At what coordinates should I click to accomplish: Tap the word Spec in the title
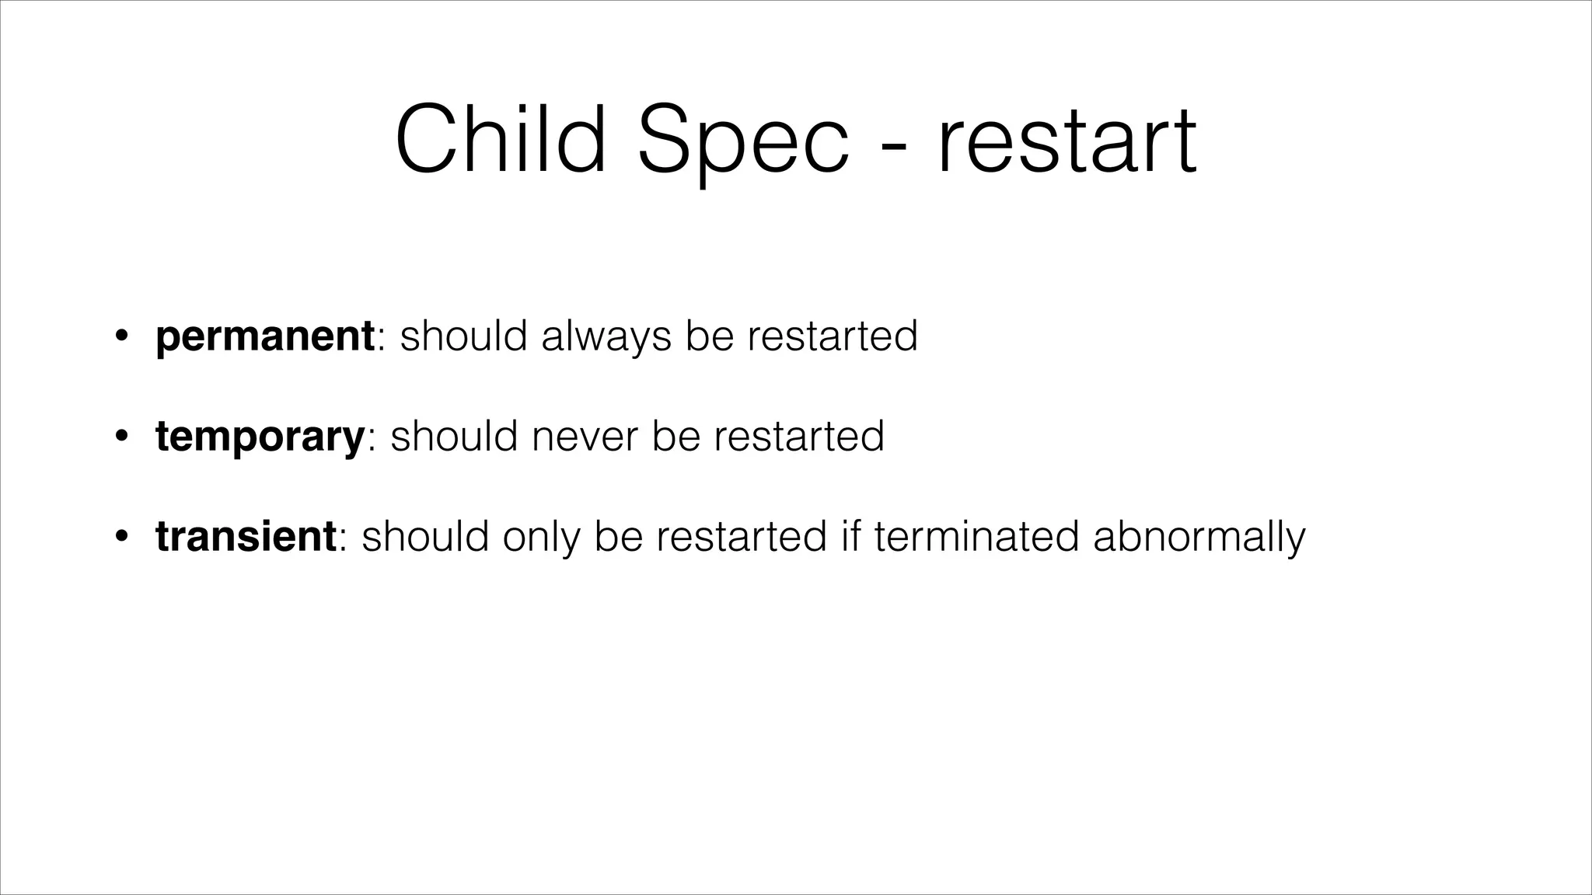point(743,141)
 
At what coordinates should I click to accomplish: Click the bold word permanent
point(265,336)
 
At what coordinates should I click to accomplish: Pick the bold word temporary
point(260,437)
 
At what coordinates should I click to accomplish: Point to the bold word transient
point(246,536)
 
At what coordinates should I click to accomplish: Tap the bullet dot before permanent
point(120,337)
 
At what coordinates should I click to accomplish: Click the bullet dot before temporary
point(120,437)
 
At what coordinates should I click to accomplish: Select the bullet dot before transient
point(120,537)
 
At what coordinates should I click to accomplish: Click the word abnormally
point(1199,537)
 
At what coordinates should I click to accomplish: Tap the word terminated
point(977,537)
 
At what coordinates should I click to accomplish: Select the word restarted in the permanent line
point(833,336)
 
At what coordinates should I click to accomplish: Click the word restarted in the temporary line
point(799,437)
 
